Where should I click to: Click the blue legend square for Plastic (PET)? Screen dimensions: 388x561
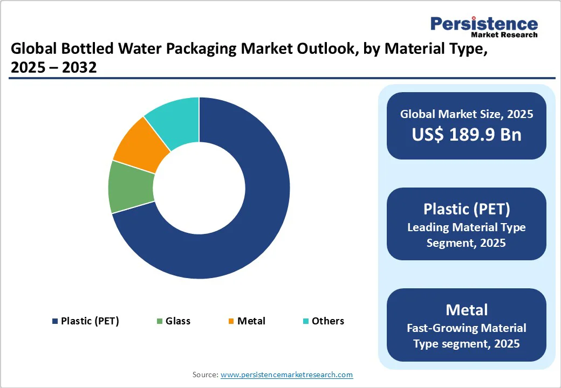(54, 322)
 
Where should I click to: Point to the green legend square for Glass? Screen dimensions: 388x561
(160, 322)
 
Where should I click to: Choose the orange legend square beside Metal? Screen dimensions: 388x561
(231, 322)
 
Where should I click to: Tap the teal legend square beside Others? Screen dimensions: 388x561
(306, 322)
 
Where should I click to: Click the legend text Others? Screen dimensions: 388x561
(327, 321)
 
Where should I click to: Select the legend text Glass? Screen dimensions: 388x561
(178, 321)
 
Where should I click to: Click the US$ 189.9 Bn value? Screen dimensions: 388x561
(467, 134)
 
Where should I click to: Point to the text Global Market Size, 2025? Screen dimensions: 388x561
(467, 114)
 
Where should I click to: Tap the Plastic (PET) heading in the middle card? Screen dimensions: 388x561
(467, 209)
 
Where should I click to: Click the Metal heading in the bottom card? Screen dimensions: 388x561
(467, 310)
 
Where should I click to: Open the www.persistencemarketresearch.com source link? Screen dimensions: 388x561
(286, 375)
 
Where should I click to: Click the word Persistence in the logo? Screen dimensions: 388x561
(484, 24)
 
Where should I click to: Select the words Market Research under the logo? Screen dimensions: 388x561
(504, 35)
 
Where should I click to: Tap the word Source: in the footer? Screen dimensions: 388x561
(205, 375)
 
